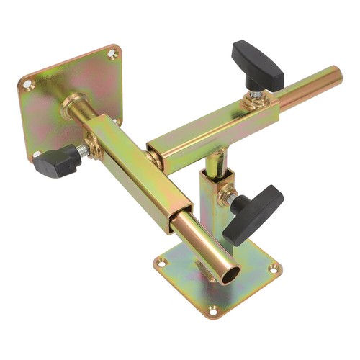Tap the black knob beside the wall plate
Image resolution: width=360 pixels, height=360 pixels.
[x=55, y=161]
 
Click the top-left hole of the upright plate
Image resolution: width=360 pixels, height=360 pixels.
[x=28, y=85]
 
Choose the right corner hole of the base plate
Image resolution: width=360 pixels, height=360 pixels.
[x=273, y=269]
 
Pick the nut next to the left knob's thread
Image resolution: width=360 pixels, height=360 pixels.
[x=92, y=145]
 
